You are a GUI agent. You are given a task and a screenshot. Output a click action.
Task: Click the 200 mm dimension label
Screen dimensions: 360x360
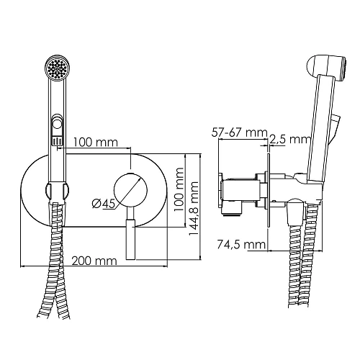(95, 260)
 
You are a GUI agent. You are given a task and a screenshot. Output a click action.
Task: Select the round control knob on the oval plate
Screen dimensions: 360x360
(132, 189)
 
